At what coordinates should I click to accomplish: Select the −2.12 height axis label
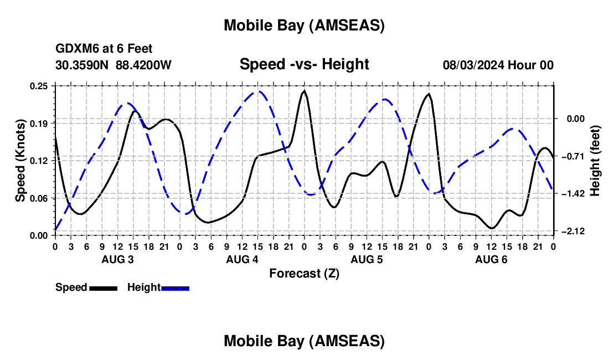[x=570, y=231]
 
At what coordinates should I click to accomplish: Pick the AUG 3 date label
[x=117, y=259]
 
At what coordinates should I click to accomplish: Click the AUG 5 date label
[x=366, y=259]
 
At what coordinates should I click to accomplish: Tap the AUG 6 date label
[x=491, y=259]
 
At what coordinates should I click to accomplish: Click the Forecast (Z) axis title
[x=304, y=273]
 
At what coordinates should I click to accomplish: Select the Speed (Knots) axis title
[x=20, y=161]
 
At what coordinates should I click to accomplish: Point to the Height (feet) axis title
[x=595, y=160]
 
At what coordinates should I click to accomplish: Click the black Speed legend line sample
[x=103, y=288]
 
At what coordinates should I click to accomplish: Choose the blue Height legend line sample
[x=175, y=288]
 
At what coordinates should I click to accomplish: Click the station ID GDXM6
[x=75, y=49]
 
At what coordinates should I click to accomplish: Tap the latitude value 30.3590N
[x=82, y=65]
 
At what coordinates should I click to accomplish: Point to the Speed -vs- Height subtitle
[x=304, y=64]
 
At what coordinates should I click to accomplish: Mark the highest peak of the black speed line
[x=304, y=90]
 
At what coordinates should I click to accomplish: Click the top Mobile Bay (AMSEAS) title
[x=304, y=25]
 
